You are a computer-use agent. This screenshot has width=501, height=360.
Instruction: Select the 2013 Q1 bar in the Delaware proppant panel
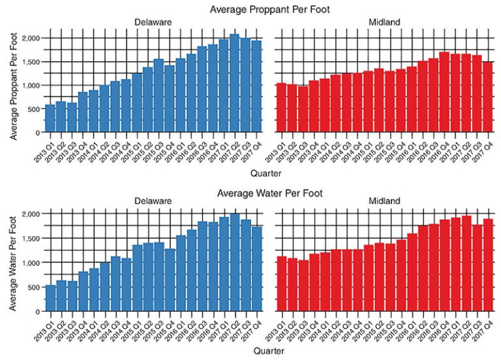50,119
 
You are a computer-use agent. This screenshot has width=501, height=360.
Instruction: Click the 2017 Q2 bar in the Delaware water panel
234,262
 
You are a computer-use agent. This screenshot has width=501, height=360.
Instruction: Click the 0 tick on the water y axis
40,311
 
